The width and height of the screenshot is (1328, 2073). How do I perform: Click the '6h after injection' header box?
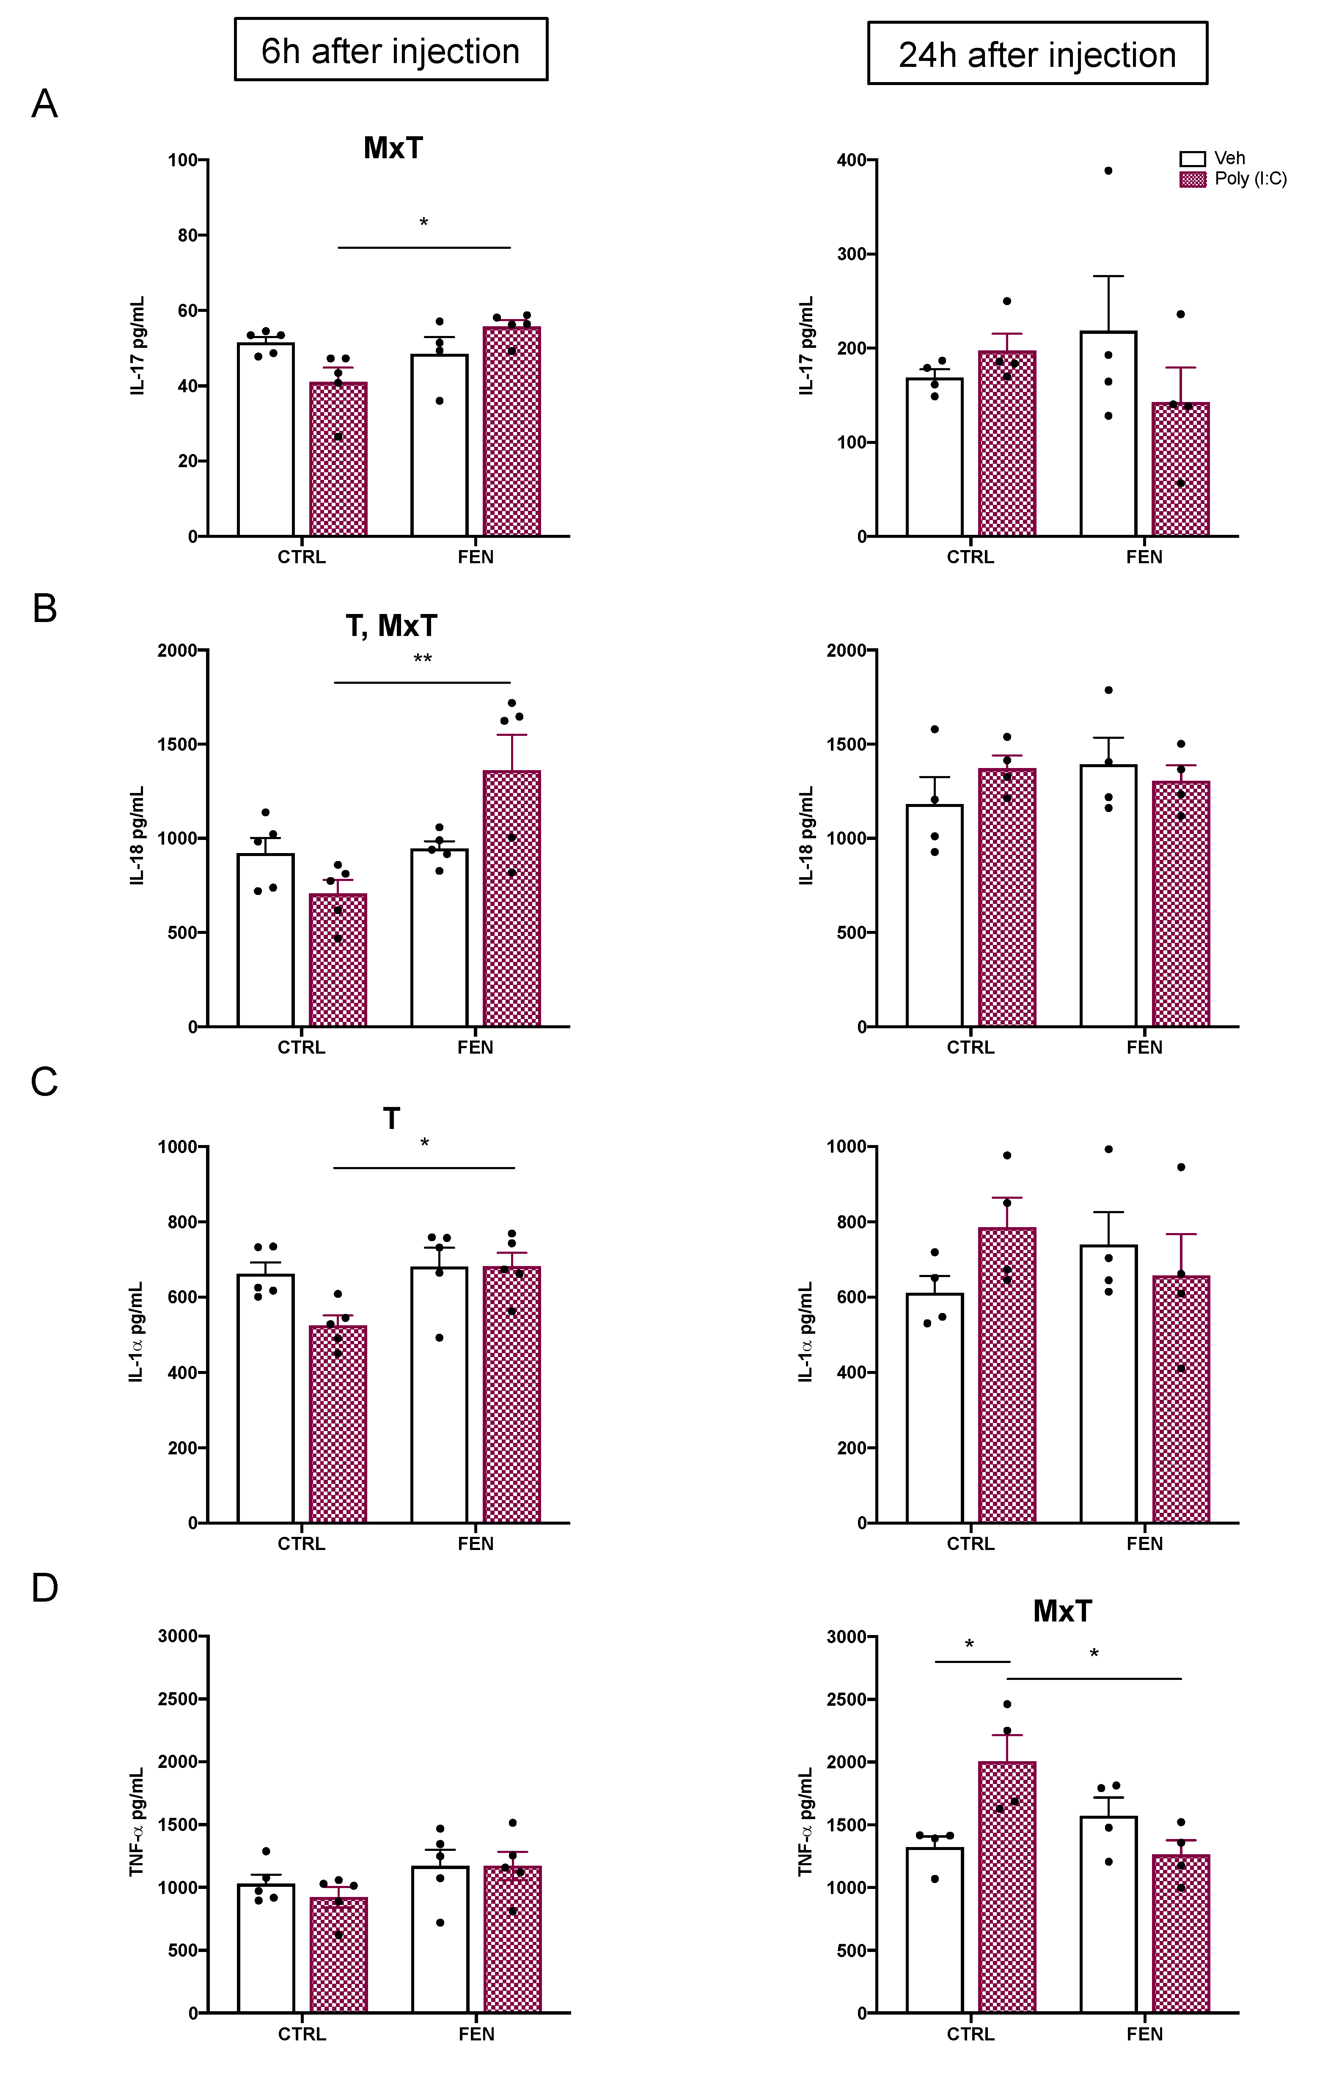click(x=390, y=50)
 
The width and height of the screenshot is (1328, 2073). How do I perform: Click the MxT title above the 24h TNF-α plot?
click(x=1061, y=1611)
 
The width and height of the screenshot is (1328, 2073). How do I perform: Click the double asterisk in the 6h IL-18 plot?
click(x=423, y=660)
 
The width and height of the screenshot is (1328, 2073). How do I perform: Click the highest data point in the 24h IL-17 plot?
click(x=1108, y=171)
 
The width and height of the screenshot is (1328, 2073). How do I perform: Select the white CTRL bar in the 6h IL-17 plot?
click(x=266, y=440)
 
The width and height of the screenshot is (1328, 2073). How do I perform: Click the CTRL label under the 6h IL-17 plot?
click(x=302, y=557)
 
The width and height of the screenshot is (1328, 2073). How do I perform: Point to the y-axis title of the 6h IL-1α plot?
click(x=136, y=1332)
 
